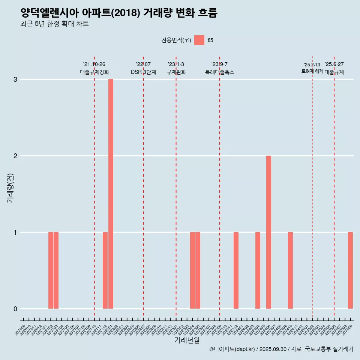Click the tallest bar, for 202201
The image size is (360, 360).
pos(111,194)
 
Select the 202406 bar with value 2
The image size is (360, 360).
pos(268,232)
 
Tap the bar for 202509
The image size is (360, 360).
pos(350,270)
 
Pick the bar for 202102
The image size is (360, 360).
pos(51,270)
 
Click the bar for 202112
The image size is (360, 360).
pos(105,270)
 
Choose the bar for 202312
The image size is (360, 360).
pos(236,270)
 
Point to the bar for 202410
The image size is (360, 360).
pos(290,270)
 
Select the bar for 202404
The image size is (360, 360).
pos(258,270)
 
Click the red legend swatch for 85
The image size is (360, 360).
pos(199,40)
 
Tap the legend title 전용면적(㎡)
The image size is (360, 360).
pos(176,40)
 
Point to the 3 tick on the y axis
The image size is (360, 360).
pos(15,79)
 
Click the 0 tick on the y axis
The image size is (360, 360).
pos(15,309)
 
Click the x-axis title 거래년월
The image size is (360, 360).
pos(187,340)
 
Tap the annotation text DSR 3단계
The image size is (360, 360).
pos(143,72)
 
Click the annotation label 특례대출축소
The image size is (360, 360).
pos(220,72)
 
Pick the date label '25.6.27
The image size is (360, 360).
pos(334,64)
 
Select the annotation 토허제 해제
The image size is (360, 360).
pos(312,71)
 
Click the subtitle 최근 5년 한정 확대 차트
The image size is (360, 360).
pos(55,24)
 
